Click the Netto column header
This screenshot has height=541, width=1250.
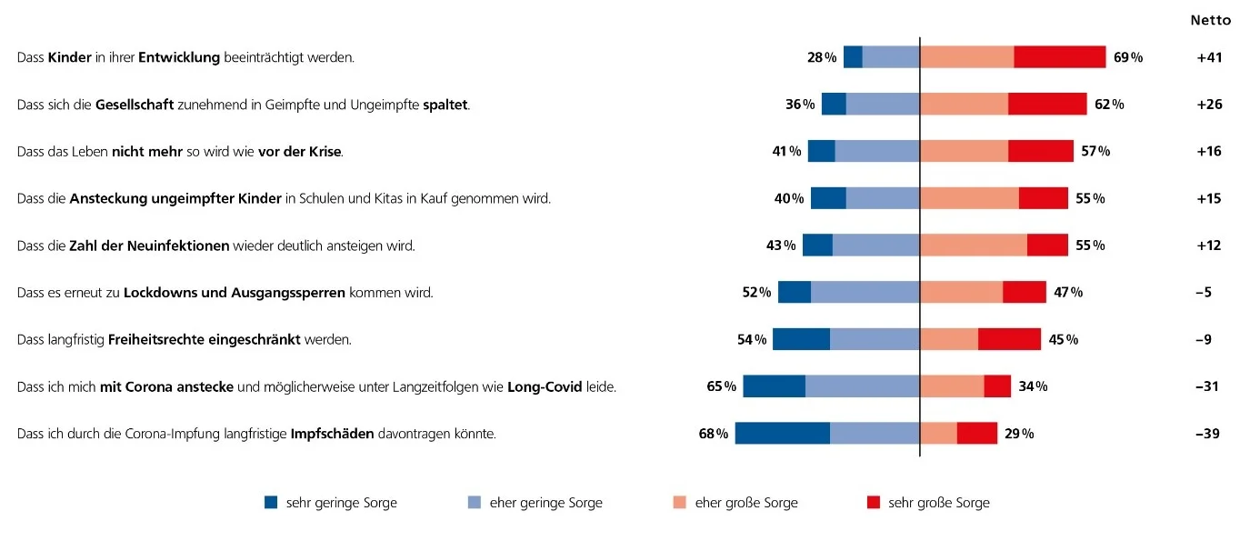[1210, 20]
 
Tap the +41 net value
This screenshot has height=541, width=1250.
[1209, 57]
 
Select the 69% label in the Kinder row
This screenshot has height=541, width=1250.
[1127, 57]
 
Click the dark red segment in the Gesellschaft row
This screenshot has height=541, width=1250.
[1047, 104]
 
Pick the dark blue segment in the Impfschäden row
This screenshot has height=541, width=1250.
[782, 434]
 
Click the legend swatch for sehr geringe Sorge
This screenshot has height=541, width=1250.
[271, 503]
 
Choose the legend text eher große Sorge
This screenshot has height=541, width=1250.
[746, 503]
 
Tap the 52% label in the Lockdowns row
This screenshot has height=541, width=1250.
[756, 293]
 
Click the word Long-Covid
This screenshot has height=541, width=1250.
[545, 387]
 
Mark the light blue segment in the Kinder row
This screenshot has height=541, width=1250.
[891, 57]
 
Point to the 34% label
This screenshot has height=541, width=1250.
[1033, 387]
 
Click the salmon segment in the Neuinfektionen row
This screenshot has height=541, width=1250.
[974, 245]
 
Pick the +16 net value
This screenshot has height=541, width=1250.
[1209, 151]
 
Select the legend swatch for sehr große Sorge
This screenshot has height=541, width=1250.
[874, 503]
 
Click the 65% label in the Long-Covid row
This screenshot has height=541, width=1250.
[721, 387]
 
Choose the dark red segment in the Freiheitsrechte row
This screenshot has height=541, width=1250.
[1009, 340]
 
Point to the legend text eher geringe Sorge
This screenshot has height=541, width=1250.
[545, 503]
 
